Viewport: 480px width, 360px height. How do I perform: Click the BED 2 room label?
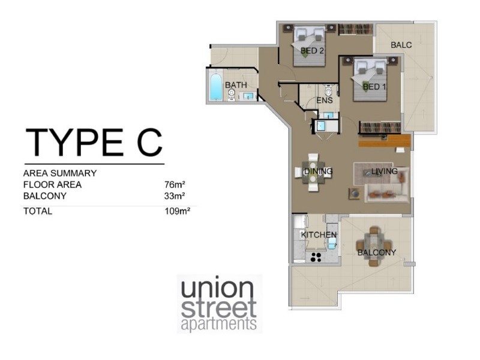click(312, 51)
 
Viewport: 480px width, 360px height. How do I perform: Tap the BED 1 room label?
click(375, 86)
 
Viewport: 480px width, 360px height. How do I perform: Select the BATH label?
click(236, 85)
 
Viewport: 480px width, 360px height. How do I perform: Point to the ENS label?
click(325, 100)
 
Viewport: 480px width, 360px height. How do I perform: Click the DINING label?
click(318, 172)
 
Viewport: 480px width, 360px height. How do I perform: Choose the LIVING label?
click(385, 172)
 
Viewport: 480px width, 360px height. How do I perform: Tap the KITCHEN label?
click(319, 235)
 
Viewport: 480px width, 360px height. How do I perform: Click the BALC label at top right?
click(401, 45)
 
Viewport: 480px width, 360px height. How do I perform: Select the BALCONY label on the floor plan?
click(376, 253)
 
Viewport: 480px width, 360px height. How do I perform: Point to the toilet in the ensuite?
click(328, 91)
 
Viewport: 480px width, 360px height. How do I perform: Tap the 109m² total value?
click(178, 211)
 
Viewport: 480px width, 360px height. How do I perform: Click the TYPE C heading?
click(94, 142)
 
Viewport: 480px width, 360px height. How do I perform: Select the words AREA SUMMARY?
click(60, 173)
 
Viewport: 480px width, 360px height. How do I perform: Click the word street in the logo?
click(219, 308)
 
